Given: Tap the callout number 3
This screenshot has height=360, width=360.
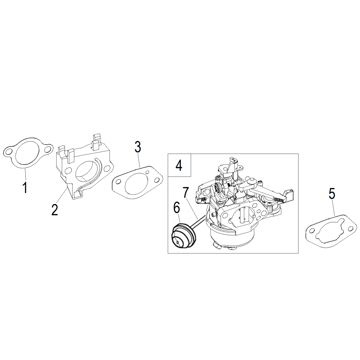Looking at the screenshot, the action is pyautogui.click(x=138, y=147).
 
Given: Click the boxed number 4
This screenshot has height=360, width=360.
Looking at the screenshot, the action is pyautogui.click(x=179, y=165).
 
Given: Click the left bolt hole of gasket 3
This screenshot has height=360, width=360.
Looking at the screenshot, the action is pyautogui.click(x=118, y=182).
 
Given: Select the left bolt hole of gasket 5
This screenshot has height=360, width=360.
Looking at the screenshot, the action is pyautogui.click(x=312, y=230).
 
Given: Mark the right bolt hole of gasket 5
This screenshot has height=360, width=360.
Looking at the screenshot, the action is pyautogui.click(x=350, y=229).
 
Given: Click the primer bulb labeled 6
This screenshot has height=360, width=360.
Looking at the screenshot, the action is pyautogui.click(x=184, y=235).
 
